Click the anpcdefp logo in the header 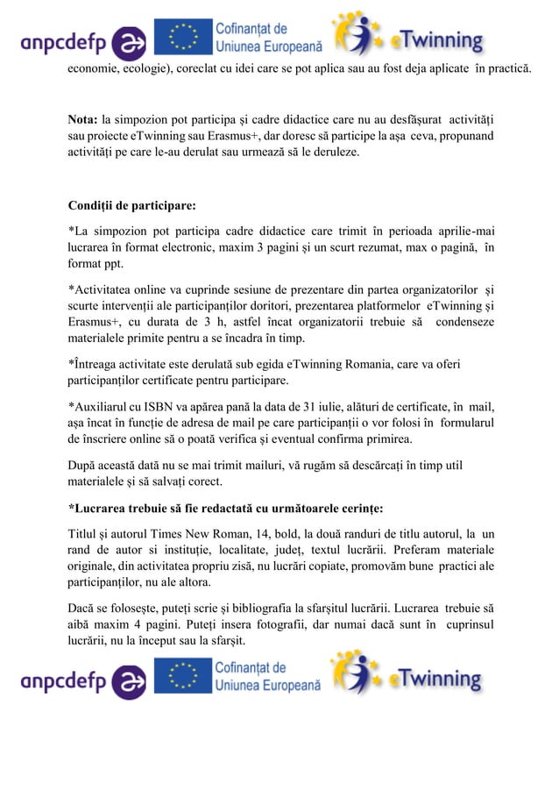pos(83,40)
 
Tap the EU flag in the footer pos(183,678)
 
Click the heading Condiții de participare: pos(132,207)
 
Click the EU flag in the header pos(183,38)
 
